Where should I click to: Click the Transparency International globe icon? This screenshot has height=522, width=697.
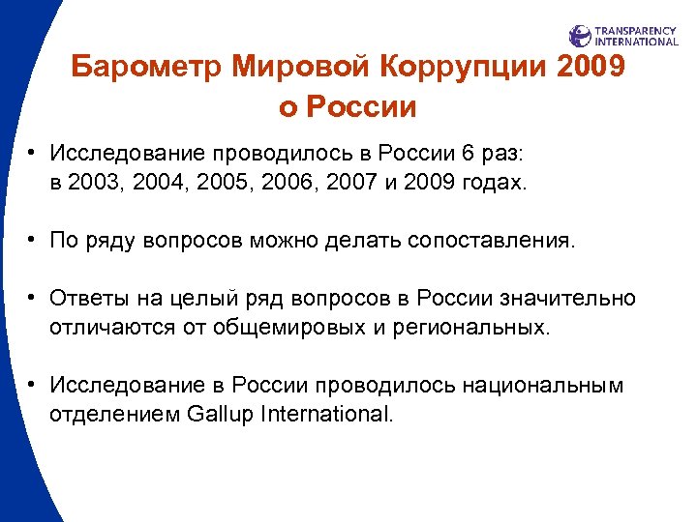click(x=580, y=37)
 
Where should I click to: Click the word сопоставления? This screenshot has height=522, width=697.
click(x=496, y=240)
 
